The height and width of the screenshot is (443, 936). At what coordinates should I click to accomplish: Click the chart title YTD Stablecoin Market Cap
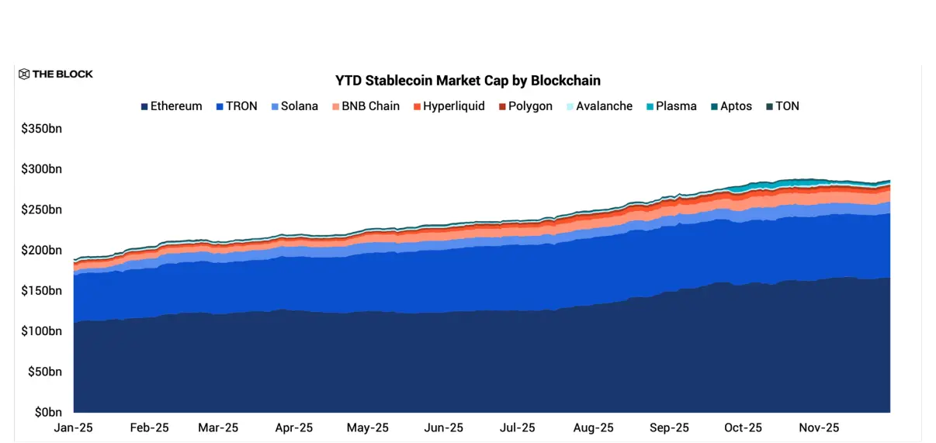pyautogui.click(x=467, y=81)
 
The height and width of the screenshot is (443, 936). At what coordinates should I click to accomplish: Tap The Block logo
pyautogui.click(x=56, y=74)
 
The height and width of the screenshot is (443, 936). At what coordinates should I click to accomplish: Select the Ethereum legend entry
pyautogui.click(x=172, y=106)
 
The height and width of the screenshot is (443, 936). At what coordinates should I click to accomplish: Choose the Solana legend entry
pyautogui.click(x=294, y=106)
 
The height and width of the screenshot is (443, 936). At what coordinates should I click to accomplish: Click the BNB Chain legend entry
pyautogui.click(x=366, y=106)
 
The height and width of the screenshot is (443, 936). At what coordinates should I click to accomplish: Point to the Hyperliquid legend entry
pyautogui.click(x=449, y=106)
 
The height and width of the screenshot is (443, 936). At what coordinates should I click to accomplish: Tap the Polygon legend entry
pyautogui.click(x=525, y=106)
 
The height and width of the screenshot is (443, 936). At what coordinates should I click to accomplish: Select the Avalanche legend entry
pyautogui.click(x=599, y=106)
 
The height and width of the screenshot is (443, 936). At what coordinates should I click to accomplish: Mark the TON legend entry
pyautogui.click(x=782, y=106)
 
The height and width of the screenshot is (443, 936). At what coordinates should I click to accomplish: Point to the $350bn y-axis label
pyautogui.click(x=42, y=129)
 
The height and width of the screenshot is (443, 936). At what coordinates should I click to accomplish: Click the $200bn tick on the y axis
pyautogui.click(x=42, y=250)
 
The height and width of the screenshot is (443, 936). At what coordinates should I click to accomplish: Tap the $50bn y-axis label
pyautogui.click(x=45, y=372)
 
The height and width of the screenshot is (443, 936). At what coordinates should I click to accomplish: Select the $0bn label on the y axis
pyautogui.click(x=48, y=412)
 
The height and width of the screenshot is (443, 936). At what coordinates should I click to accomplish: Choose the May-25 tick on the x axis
pyautogui.click(x=368, y=427)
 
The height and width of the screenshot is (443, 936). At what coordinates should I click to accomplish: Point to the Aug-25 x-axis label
pyautogui.click(x=594, y=427)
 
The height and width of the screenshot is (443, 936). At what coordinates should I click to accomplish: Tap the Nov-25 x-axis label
pyautogui.click(x=819, y=427)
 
